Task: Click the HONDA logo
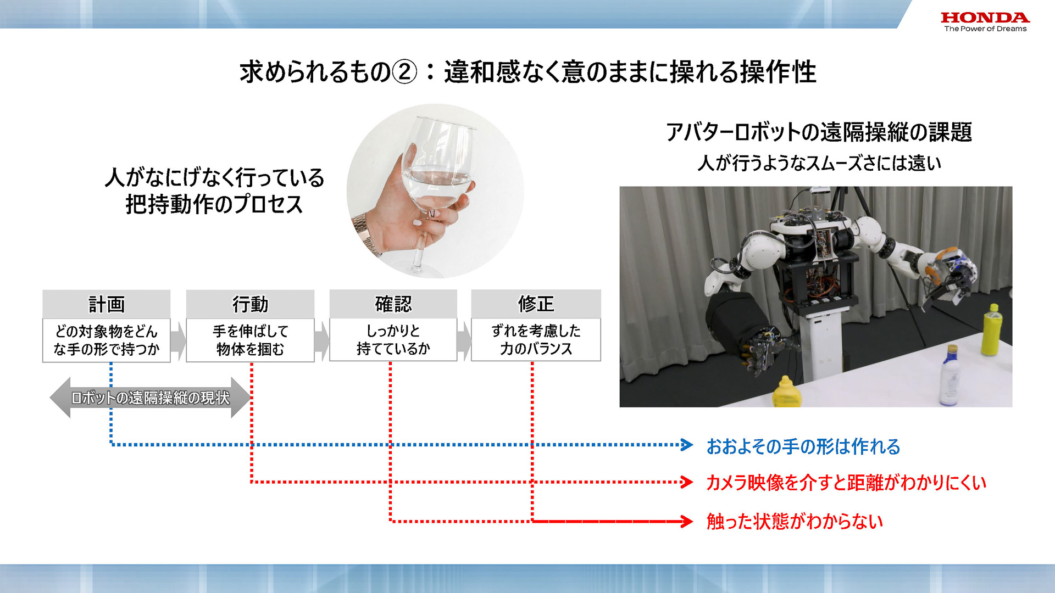(x=985, y=18)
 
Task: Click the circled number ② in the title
(x=405, y=72)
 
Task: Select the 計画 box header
(x=107, y=304)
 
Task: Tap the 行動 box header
(x=250, y=304)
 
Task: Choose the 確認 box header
(x=393, y=304)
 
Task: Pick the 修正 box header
(x=536, y=304)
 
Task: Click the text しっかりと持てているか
(x=393, y=339)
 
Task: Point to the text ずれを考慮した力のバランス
(x=536, y=339)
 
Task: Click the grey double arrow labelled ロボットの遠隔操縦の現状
(x=150, y=398)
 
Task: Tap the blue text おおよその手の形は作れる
(x=803, y=446)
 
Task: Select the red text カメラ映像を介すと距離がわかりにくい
(x=846, y=483)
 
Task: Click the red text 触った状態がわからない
(x=795, y=521)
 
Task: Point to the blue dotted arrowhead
(x=687, y=445)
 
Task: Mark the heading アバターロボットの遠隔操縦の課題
(x=819, y=132)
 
